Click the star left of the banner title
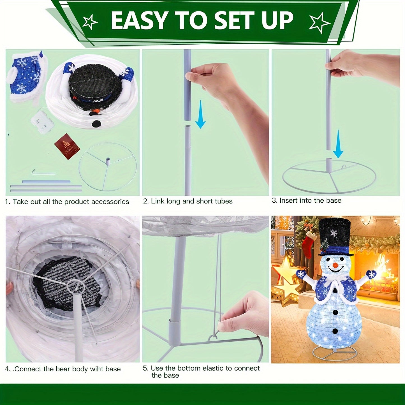click(90, 22)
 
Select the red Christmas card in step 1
click(67, 146)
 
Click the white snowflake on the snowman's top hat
click(334, 233)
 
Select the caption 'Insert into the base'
click(310, 200)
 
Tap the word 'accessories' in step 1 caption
click(111, 202)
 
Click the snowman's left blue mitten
click(301, 274)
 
